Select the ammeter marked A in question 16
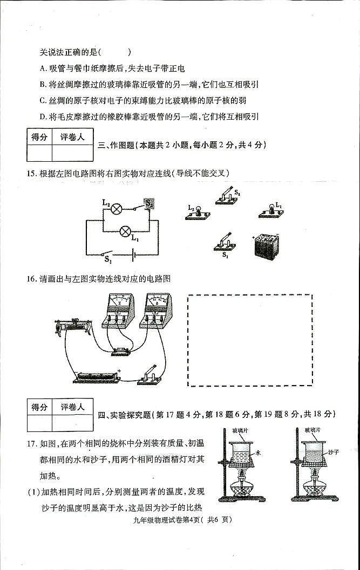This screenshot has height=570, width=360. click(x=155, y=311)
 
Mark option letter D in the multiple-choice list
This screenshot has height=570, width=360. click(x=43, y=116)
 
